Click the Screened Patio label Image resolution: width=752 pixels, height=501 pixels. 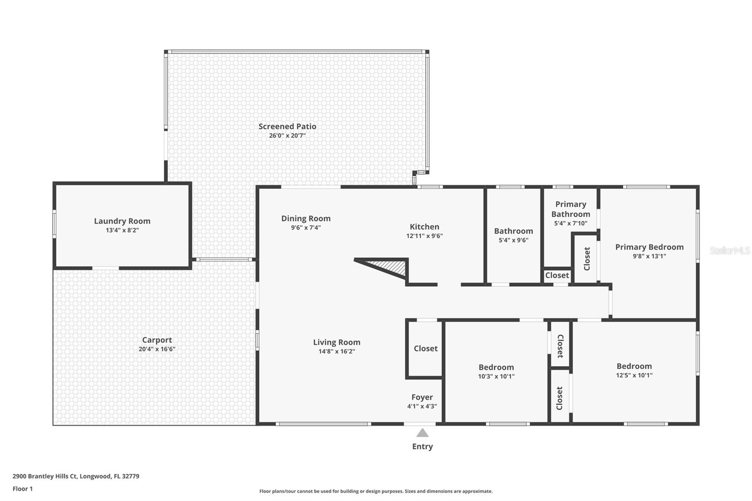(x=287, y=126)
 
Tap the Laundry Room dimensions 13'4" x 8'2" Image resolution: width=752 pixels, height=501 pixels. (x=122, y=230)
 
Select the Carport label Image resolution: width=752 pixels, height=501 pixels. (x=157, y=340)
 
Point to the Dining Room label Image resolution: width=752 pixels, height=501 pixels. (x=306, y=219)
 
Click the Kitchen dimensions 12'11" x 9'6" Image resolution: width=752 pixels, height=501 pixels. (x=424, y=236)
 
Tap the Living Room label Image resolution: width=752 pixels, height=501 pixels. (x=337, y=342)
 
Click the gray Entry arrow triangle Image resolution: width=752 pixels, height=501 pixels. (x=422, y=433)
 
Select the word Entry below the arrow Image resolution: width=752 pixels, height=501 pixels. (x=422, y=446)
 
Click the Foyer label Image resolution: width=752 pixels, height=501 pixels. (x=422, y=397)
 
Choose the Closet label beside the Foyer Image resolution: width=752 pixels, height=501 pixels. (x=425, y=348)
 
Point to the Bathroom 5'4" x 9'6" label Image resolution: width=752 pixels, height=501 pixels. (x=513, y=231)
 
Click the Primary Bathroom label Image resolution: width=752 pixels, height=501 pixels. (x=571, y=209)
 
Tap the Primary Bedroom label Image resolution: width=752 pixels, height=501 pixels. (x=649, y=247)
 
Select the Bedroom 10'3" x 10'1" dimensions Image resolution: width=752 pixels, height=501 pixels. (x=496, y=376)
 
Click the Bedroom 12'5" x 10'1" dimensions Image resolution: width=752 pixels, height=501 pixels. (x=634, y=375)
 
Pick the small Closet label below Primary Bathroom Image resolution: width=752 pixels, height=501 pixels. (x=557, y=275)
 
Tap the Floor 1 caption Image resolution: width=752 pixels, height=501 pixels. (x=23, y=489)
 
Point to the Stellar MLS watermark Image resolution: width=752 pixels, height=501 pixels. (x=729, y=250)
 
